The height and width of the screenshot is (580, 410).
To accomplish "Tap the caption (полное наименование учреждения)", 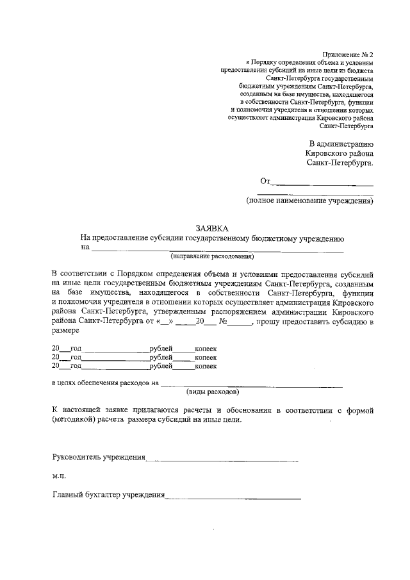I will [x=310, y=201].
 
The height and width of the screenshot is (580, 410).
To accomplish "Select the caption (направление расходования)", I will [x=211, y=257].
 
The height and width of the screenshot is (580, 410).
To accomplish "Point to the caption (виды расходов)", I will [x=212, y=390].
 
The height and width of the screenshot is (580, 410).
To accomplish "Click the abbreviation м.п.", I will [x=58, y=476].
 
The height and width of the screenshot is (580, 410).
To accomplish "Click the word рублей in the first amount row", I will [x=161, y=347].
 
